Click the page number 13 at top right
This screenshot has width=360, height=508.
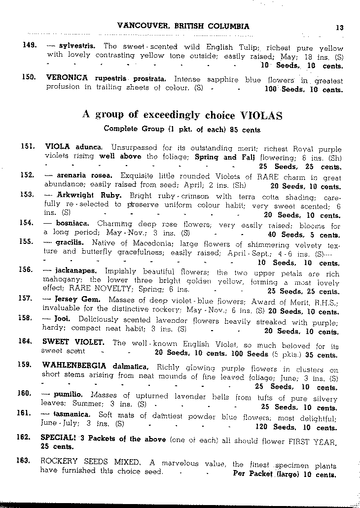339,28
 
